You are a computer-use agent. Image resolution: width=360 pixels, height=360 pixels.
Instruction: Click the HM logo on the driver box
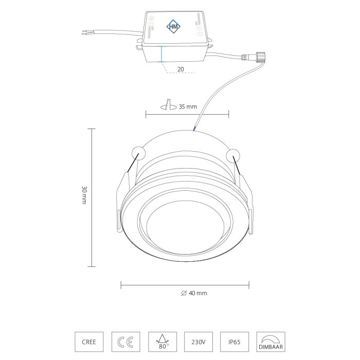pyautogui.click(x=173, y=27)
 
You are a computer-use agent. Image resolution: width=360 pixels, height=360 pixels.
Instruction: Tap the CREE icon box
pyautogui.click(x=89, y=341)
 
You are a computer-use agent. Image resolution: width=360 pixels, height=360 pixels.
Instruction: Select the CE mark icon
pyautogui.click(x=125, y=341)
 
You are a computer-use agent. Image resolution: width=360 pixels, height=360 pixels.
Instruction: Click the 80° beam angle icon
pyautogui.click(x=163, y=341)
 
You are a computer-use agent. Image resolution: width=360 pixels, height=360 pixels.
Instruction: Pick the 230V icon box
pyautogui.click(x=199, y=341)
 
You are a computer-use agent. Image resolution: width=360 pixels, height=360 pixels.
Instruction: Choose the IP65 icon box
pyautogui.click(x=235, y=341)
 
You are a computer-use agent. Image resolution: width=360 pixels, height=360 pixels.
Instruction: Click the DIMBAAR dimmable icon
pyautogui.click(x=271, y=341)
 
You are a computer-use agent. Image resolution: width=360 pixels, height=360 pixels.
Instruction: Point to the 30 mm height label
pyautogui.click(x=84, y=195)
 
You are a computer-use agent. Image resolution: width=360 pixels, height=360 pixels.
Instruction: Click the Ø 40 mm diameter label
pyautogui.click(x=194, y=293)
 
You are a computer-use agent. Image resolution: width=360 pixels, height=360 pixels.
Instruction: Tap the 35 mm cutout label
pyautogui.click(x=188, y=107)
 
